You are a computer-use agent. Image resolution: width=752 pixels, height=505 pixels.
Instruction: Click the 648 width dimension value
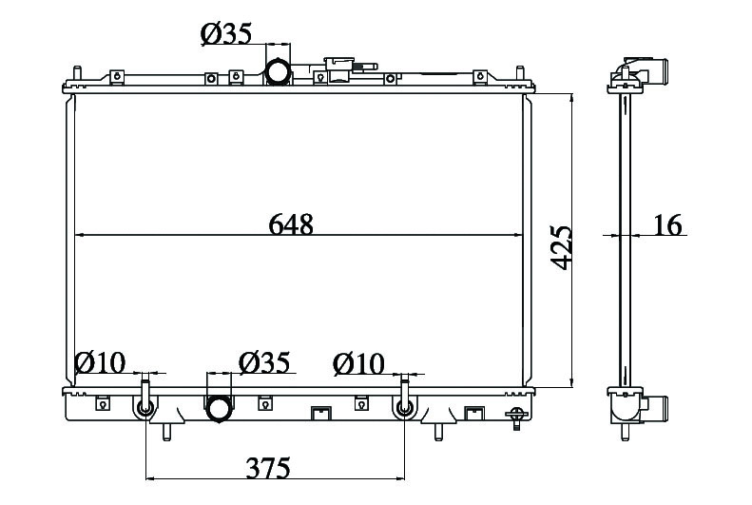tap(291, 223)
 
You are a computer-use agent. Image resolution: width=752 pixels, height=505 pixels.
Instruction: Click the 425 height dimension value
tap(561, 247)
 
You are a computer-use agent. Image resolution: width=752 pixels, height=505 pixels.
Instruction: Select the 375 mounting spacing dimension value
tap(268, 468)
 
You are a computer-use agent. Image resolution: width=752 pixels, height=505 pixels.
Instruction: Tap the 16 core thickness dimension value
tap(667, 224)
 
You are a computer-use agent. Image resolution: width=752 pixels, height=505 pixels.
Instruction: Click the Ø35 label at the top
tap(226, 33)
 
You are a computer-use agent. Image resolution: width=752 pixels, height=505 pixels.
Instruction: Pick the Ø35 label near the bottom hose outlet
tap(264, 362)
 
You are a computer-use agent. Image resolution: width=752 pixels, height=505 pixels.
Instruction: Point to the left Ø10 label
tap(100, 362)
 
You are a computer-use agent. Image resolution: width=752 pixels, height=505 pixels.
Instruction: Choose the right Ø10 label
tap(358, 364)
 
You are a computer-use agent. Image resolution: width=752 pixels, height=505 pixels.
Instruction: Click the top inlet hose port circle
tap(278, 72)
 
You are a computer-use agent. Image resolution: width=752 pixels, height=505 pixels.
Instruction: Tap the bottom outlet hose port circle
tap(219, 409)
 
